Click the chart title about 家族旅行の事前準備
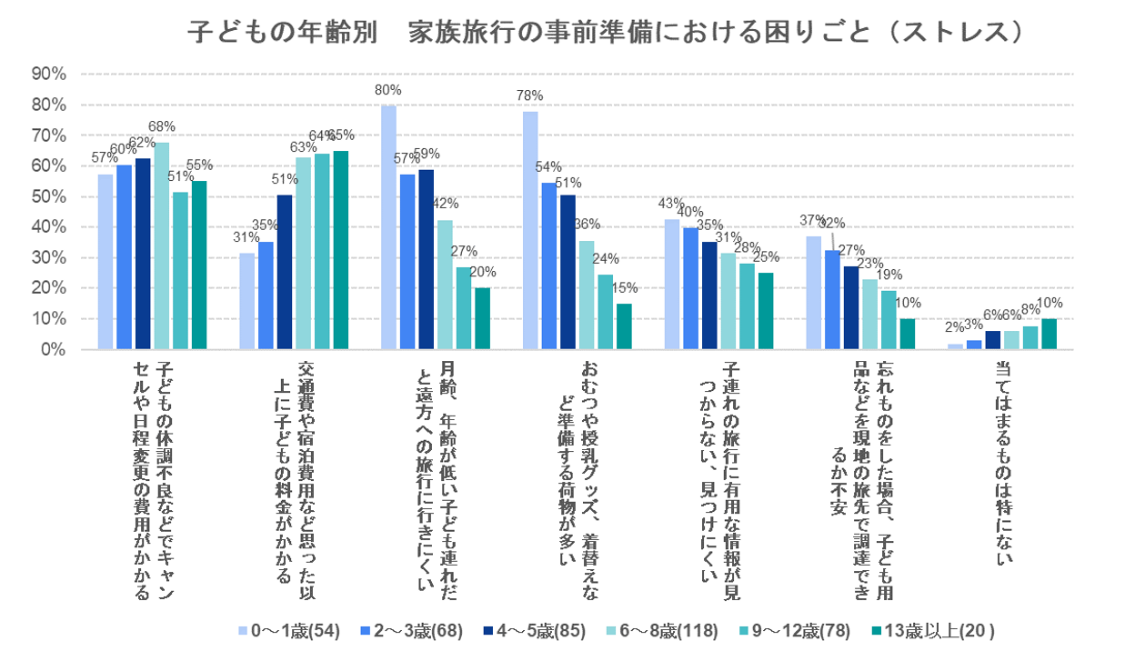(x=607, y=32)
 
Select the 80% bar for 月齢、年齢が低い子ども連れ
(x=388, y=227)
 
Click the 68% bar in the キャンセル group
(x=162, y=245)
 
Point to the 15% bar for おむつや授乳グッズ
(x=624, y=326)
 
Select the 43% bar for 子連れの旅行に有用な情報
(x=672, y=285)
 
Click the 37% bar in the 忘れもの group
(x=814, y=293)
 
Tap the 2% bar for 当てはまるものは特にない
(x=955, y=346)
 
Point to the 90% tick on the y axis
(x=48, y=74)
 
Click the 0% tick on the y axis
(x=53, y=350)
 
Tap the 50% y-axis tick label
(x=48, y=196)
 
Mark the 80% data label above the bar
(x=388, y=89)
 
